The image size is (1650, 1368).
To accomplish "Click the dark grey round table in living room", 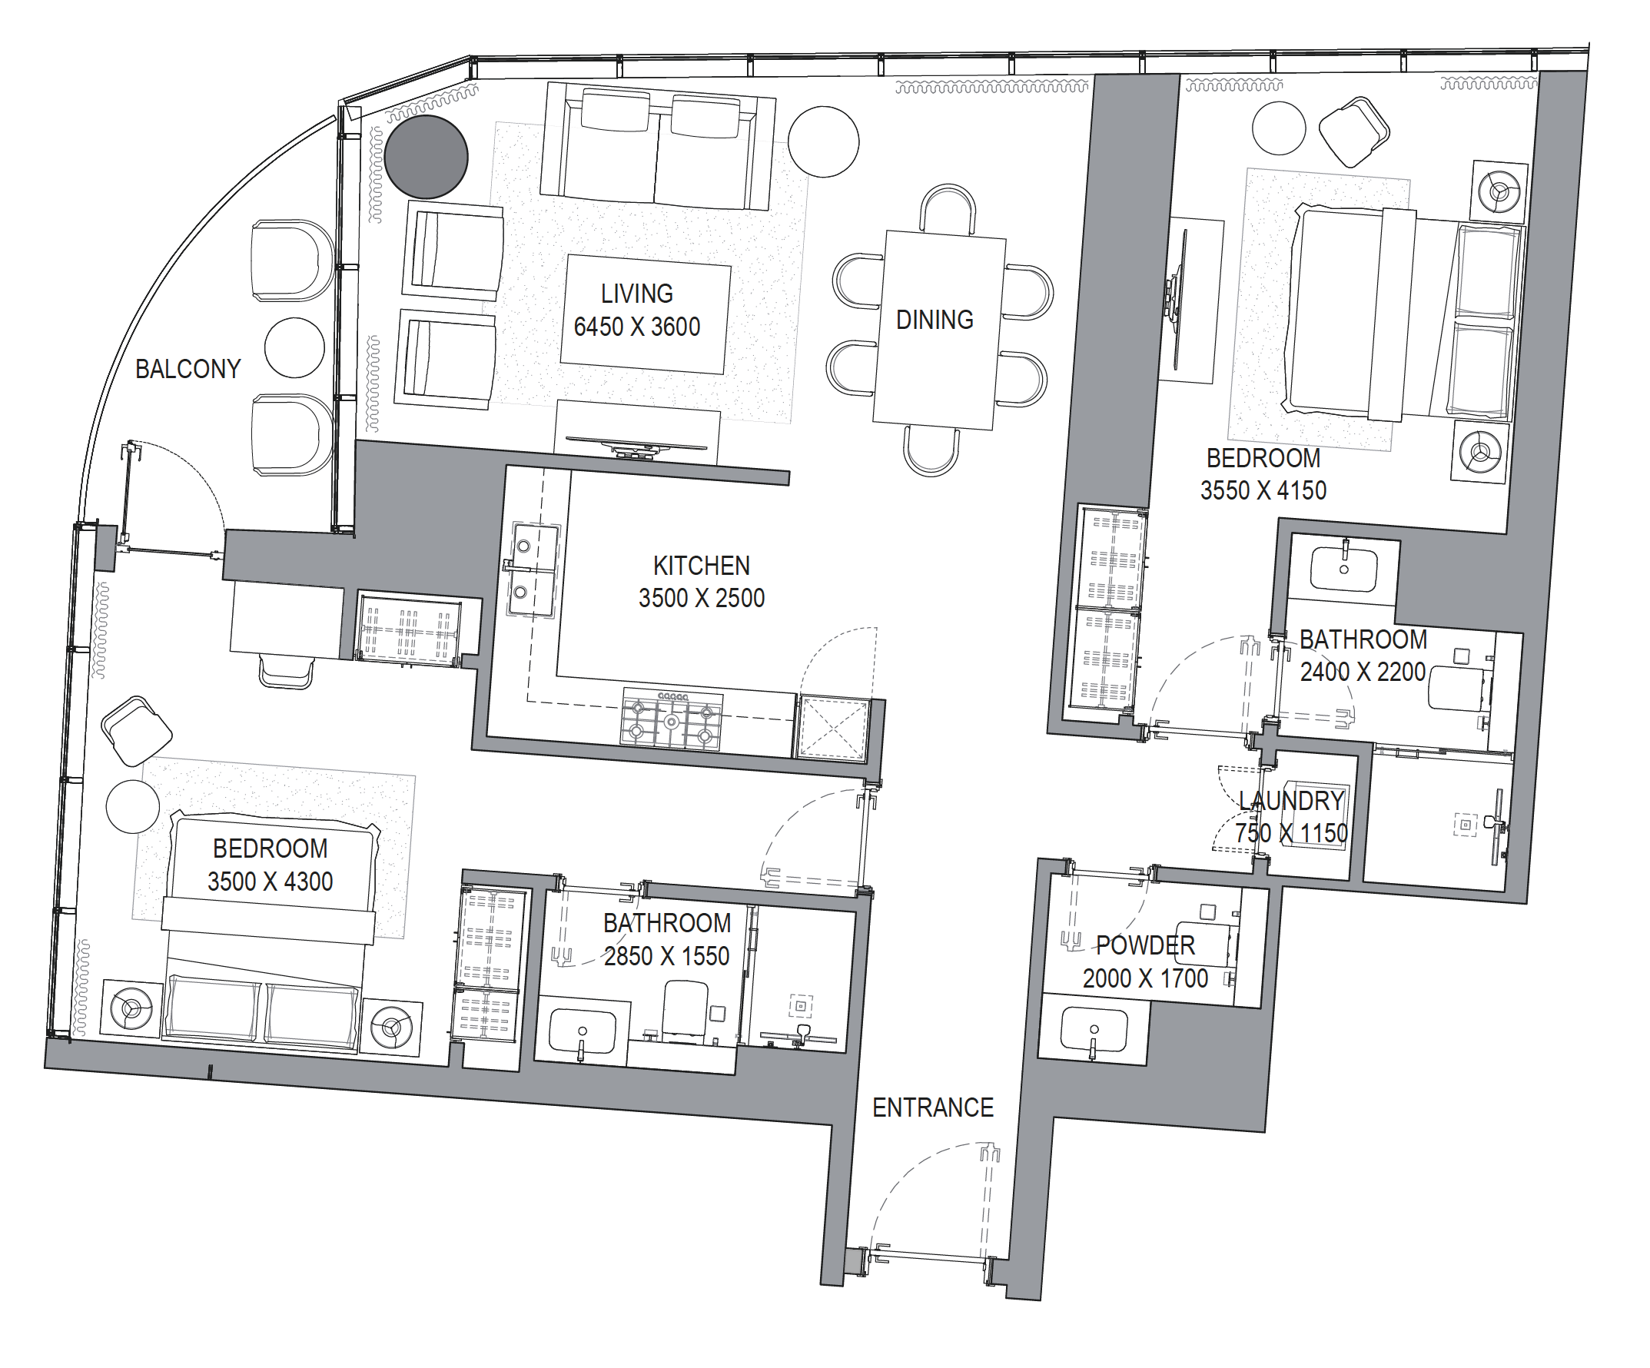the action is point(427,156).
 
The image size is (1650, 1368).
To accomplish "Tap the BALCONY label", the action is point(188,369).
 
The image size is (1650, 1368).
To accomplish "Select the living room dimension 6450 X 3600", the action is point(637,327).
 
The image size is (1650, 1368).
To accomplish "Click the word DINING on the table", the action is point(935,320).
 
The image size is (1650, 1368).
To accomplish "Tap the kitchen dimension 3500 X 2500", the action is point(702,598).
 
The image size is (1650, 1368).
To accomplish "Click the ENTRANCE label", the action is point(934,1107).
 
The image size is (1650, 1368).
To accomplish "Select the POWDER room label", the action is point(1146,945).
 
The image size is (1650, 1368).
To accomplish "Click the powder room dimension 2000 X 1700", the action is point(1146,978).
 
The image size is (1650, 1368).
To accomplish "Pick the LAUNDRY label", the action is point(1292,801).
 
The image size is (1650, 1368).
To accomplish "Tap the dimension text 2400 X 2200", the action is point(1363,672).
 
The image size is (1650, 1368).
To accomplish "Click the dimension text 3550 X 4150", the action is point(1263,490).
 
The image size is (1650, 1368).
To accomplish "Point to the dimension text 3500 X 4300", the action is point(271,882).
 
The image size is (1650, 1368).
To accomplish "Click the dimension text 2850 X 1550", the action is point(667,956).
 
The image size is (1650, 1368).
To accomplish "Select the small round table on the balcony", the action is point(294,347).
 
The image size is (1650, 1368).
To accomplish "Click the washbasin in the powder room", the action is point(1094,1030).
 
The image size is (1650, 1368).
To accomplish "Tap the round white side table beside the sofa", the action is point(823,141).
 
